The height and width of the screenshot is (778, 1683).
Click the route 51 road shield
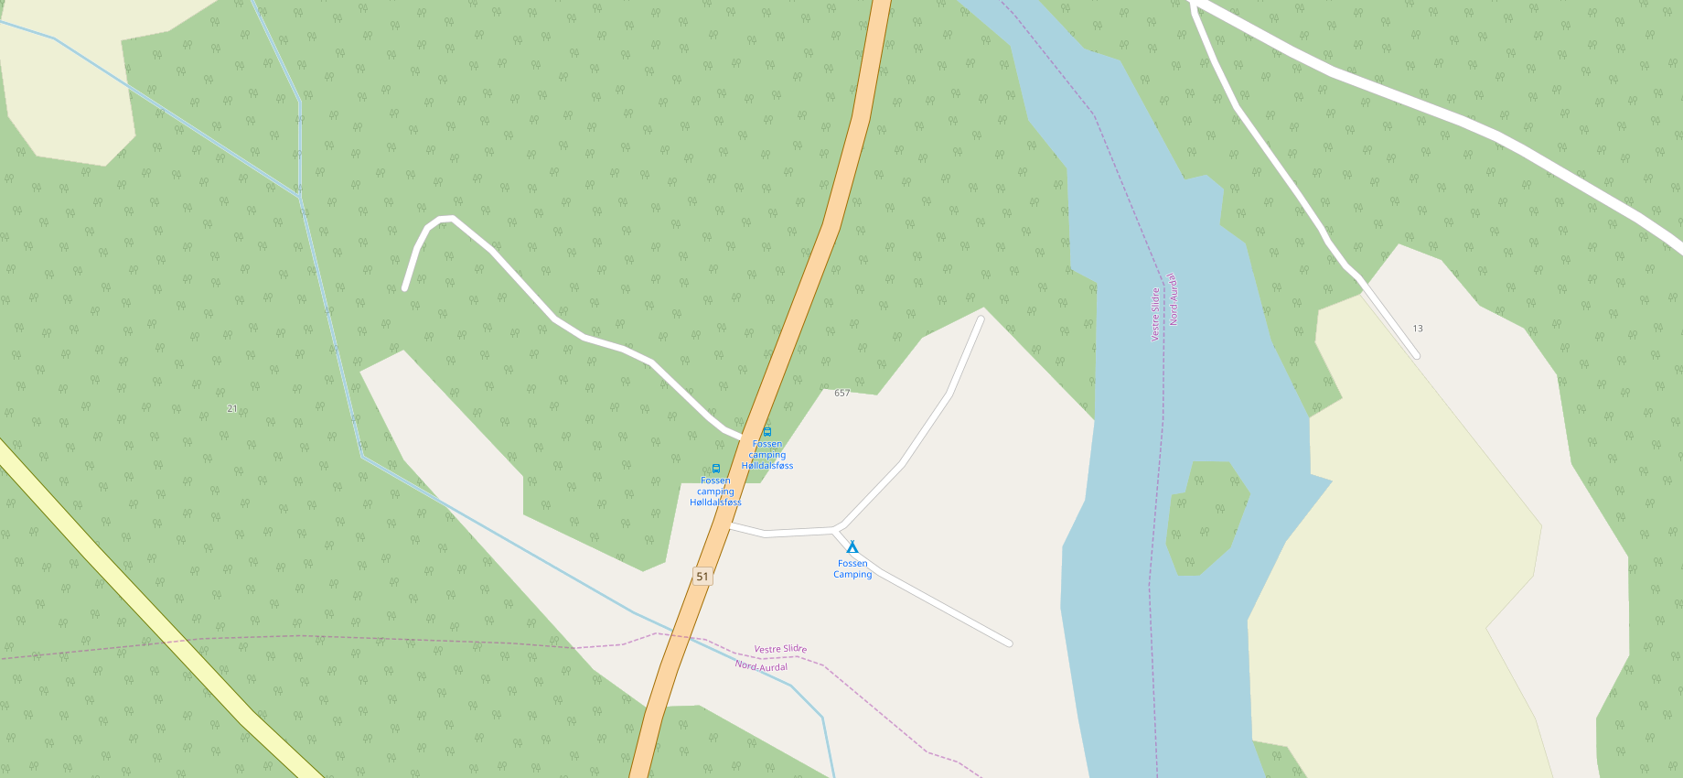pos(702,577)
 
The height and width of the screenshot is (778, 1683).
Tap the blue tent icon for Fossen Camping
pos(852,546)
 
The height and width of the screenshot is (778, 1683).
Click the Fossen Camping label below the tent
pos(852,569)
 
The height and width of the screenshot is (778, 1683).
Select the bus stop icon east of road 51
pos(767,431)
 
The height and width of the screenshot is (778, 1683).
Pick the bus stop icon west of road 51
pos(716,469)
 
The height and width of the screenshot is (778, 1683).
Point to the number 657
pos(841,394)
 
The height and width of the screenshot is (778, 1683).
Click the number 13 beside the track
pos(1418,329)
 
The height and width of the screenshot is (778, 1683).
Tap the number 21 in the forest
pos(232,408)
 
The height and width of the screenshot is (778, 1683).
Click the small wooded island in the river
pos(1206,518)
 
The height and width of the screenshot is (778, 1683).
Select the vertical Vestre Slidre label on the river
pos(1155,315)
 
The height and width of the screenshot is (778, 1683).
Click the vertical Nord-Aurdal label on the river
pos(1174,299)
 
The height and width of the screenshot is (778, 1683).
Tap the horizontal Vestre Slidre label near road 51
pos(780,649)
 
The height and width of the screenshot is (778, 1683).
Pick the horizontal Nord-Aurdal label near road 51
pos(761,666)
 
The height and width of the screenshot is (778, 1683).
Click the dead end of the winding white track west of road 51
pos(405,288)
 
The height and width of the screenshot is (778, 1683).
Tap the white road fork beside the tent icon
pos(837,529)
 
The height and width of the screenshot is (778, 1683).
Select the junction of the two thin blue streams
pos(300,195)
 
